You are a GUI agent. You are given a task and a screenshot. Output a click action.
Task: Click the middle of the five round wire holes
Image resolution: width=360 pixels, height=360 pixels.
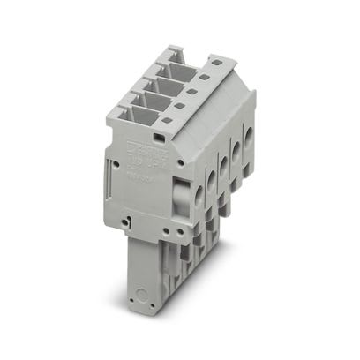(x=227, y=160)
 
